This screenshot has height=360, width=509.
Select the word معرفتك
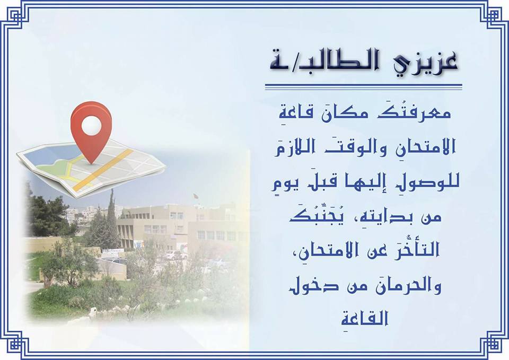414,112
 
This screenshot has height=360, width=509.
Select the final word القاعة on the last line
365,320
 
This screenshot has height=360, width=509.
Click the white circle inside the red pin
91,126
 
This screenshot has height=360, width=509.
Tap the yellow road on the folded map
103,170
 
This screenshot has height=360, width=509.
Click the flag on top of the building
195,196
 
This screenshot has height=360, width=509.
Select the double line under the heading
364,86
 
